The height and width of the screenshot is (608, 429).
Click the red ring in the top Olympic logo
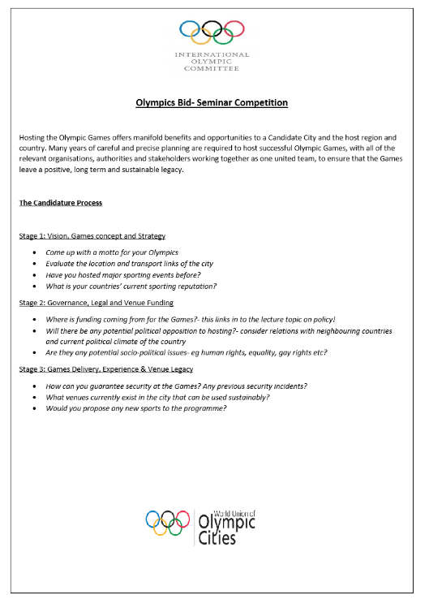234,29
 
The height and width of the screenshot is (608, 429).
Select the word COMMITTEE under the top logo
212,70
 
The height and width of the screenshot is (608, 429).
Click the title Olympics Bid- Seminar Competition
212,103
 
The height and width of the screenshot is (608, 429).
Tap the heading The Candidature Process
60,203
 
